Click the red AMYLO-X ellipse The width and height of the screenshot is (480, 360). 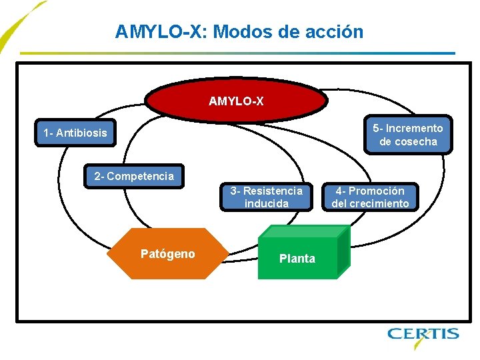point(236,101)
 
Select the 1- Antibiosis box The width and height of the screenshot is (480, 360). point(75,133)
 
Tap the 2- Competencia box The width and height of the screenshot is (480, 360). point(134,177)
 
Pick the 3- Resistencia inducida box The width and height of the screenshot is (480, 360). point(266,197)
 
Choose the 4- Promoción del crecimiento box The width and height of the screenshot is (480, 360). point(370,197)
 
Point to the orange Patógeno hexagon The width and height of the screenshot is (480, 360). point(168,253)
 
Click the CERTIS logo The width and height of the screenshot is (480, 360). point(423,334)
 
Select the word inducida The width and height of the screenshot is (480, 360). point(266,203)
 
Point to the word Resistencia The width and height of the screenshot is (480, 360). point(272,191)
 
